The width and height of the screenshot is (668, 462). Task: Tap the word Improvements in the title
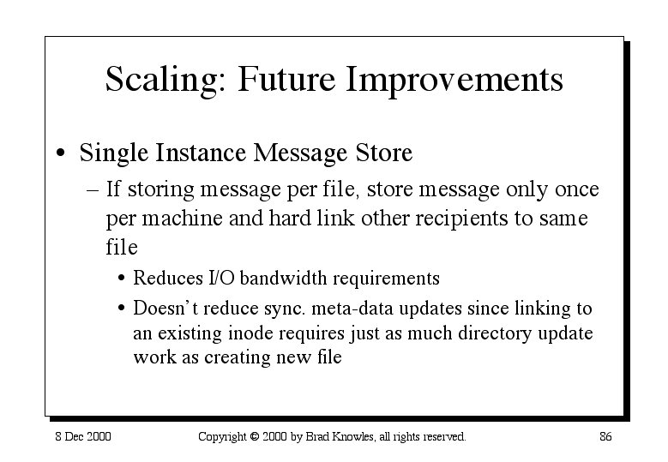(x=454, y=80)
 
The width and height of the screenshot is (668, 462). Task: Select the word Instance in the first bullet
(x=201, y=153)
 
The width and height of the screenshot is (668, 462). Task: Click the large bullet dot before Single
(x=61, y=153)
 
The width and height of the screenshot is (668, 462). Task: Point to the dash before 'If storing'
(x=93, y=190)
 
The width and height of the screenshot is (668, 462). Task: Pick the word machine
(x=182, y=218)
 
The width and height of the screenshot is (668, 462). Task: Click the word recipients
(x=461, y=219)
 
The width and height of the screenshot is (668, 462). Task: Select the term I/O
(x=221, y=278)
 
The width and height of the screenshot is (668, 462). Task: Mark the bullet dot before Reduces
(x=122, y=279)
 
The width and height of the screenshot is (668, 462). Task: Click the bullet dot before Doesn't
(x=122, y=308)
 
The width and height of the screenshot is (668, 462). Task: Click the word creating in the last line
(x=238, y=357)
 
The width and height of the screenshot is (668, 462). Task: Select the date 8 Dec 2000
(x=83, y=436)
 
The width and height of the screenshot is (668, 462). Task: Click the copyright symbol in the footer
(x=255, y=436)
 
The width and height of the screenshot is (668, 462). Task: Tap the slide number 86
(x=605, y=436)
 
